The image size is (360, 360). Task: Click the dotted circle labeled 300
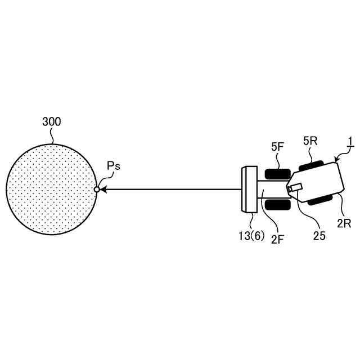tap(51, 190)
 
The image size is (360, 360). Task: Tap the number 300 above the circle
tap(52, 121)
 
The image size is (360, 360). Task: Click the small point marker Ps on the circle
tap(97, 190)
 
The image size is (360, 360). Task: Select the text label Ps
tap(114, 167)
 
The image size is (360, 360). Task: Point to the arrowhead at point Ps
tap(103, 190)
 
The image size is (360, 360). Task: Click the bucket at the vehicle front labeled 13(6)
tap(248, 190)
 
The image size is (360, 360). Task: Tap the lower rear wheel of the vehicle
tap(322, 199)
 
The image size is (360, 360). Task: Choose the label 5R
tap(310, 141)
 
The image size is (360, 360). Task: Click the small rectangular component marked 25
tap(296, 188)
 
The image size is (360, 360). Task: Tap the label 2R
tap(344, 223)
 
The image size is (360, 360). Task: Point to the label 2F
tap(277, 240)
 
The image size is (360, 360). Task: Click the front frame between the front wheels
tap(271, 190)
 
